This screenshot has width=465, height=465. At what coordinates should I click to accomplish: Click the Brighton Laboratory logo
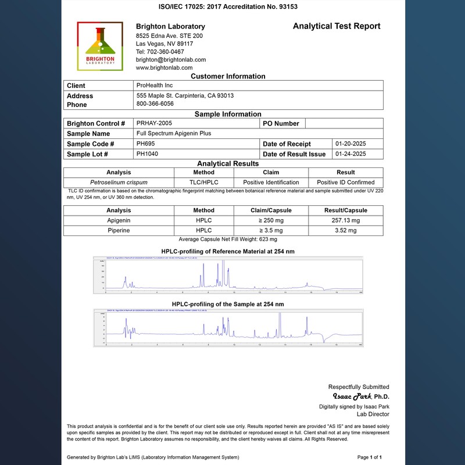coord(100,46)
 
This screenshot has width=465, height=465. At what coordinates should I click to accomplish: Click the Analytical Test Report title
coord(337,26)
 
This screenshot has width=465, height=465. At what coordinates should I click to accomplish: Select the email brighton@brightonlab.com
coord(171,60)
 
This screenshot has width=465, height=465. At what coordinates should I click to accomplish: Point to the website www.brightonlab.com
coord(164,67)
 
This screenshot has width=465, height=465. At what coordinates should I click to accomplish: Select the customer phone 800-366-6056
coord(155,104)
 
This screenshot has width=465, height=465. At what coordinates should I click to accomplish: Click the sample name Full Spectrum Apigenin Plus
coord(174,133)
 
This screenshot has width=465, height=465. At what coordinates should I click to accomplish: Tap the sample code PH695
coord(145,144)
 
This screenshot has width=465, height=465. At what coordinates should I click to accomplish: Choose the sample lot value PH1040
coord(147,154)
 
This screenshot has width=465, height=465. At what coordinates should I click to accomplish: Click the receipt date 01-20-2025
coord(350,144)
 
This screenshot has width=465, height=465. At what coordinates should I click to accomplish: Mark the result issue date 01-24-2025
coord(350,154)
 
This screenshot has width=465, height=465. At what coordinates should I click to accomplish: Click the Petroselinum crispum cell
coord(119,182)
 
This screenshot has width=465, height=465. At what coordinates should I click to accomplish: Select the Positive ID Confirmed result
coord(346,182)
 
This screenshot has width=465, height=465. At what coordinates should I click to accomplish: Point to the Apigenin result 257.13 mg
coord(346,221)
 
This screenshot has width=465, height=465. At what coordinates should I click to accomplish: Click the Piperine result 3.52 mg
coord(346,231)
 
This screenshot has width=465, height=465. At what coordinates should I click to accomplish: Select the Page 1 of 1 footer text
coord(369,457)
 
